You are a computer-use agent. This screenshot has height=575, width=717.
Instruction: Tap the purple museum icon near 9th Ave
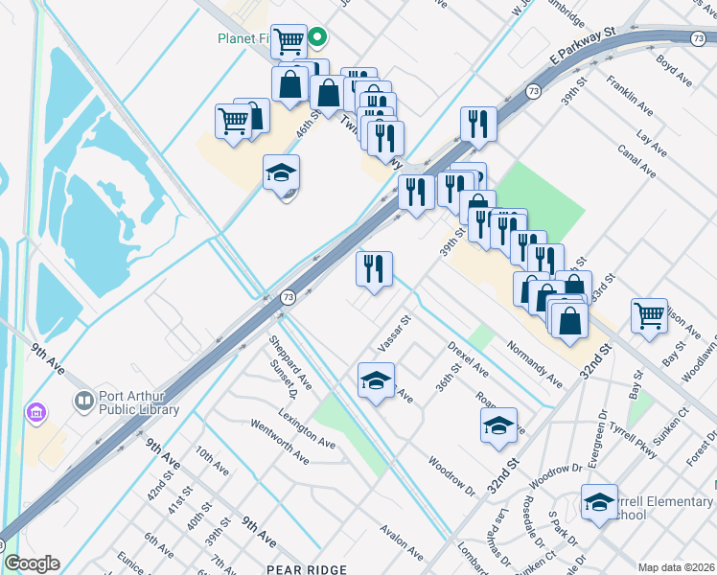tap(36, 413)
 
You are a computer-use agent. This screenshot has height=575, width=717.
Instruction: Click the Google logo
tap(31, 563)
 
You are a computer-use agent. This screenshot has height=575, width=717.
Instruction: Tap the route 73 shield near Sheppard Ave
tap(288, 298)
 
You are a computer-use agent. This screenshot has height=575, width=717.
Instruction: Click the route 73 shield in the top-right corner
tap(701, 38)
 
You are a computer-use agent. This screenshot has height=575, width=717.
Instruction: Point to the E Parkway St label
tap(581, 46)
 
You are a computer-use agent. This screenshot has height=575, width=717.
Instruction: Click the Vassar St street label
tap(393, 332)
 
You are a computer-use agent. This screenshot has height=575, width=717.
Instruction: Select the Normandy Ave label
tap(534, 363)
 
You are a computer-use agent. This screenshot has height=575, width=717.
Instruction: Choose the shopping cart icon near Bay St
tap(649, 315)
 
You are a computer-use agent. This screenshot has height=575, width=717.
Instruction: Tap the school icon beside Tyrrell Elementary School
tap(598, 502)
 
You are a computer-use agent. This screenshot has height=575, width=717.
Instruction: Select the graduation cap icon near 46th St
tap(282, 173)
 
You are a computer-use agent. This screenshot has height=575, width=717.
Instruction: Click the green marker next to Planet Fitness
tap(319, 38)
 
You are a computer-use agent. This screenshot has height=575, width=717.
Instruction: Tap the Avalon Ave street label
tap(401, 541)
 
